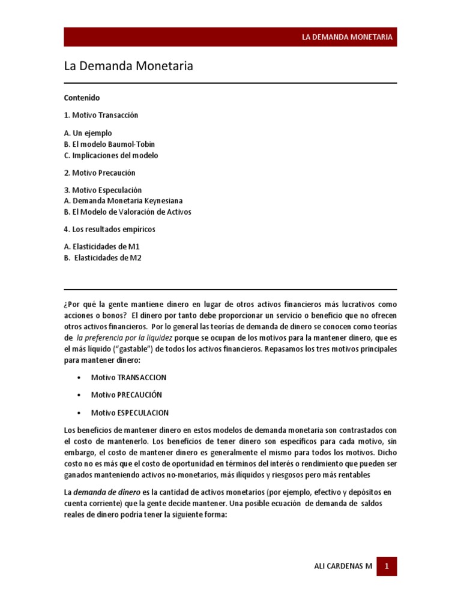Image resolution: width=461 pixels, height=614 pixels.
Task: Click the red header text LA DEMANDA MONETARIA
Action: pyautogui.click(x=347, y=37)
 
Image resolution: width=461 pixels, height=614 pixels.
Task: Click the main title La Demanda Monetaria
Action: pyautogui.click(x=128, y=67)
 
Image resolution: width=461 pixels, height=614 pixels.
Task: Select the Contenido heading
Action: pyautogui.click(x=82, y=97)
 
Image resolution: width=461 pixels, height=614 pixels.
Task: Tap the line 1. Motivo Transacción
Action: pyautogui.click(x=105, y=115)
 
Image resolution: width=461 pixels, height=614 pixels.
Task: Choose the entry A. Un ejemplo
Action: pyautogui.click(x=88, y=133)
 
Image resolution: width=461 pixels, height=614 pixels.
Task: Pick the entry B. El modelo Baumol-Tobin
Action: pyautogui.click(x=109, y=145)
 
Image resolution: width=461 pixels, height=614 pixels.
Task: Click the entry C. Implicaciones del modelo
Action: pyautogui.click(x=111, y=155)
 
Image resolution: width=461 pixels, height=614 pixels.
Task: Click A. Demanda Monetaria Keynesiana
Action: pyautogui.click(x=123, y=201)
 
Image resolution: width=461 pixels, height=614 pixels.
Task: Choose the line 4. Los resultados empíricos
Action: pyautogui.click(x=113, y=229)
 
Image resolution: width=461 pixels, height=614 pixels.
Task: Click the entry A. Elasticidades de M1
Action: pyautogui.click(x=101, y=246)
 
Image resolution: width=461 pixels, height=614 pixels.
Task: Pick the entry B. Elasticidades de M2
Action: pyautogui.click(x=103, y=258)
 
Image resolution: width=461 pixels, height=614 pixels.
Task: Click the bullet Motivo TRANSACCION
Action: pyautogui.click(x=128, y=378)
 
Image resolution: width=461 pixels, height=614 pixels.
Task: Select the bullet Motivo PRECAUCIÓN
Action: pyautogui.click(x=126, y=395)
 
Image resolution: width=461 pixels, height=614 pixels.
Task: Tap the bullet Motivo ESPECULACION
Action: pyautogui.click(x=130, y=413)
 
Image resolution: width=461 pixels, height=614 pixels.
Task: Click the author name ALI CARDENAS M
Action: pyautogui.click(x=343, y=567)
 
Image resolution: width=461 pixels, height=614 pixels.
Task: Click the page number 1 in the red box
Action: pyautogui.click(x=387, y=566)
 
